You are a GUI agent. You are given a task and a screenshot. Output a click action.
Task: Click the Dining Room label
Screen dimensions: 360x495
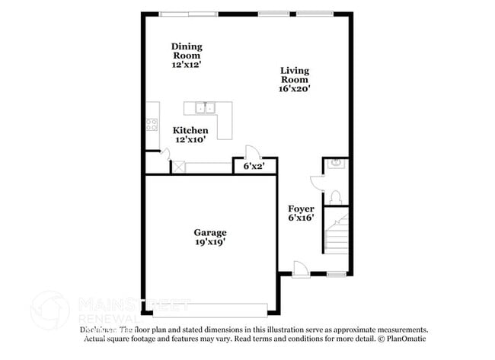[x=187, y=50]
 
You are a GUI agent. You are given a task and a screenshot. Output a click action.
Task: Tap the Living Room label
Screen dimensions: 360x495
[x=295, y=75]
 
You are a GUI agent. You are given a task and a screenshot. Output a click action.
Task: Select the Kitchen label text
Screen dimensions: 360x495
[x=190, y=131]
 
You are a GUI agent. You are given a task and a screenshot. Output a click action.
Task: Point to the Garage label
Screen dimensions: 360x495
[x=209, y=232]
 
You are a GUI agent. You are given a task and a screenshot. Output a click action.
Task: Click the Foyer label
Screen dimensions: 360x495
[x=301, y=209]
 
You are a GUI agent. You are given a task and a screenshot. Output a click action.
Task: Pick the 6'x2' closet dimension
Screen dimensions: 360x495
[x=254, y=166]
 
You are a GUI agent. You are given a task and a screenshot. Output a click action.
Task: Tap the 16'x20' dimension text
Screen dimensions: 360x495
[x=295, y=88]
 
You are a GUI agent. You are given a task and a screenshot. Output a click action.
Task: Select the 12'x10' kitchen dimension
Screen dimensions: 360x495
[x=190, y=140]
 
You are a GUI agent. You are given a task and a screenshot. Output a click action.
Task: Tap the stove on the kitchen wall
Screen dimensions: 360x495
[x=152, y=125]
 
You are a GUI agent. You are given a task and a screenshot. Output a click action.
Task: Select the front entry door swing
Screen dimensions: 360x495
[x=301, y=267]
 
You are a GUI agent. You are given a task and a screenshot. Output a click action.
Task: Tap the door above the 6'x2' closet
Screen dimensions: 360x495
[x=251, y=151]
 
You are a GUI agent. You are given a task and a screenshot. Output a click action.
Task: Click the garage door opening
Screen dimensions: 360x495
[x=209, y=311]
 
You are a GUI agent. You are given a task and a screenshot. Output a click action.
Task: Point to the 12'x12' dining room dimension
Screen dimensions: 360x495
[x=187, y=65]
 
